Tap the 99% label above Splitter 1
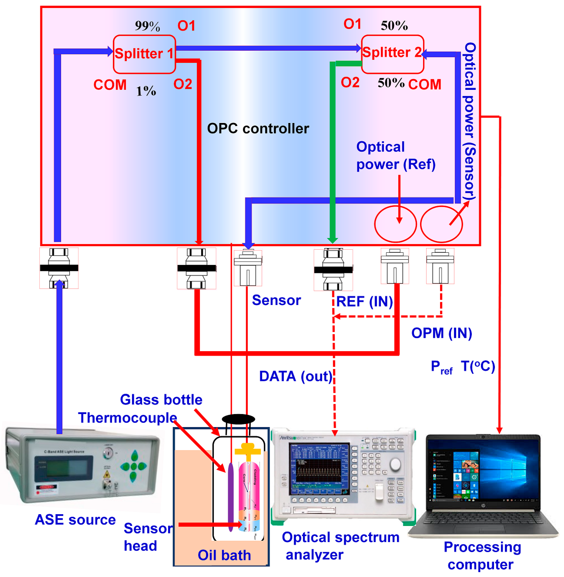pyautogui.click(x=147, y=26)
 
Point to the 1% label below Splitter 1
pyautogui.click(x=146, y=91)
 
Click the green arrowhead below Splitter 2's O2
pyautogui.click(x=333, y=240)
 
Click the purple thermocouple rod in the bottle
pyautogui.click(x=230, y=496)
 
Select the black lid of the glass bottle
pyautogui.click(x=238, y=419)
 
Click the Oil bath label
pyautogui.click(x=224, y=555)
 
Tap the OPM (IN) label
pyautogui.click(x=441, y=333)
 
